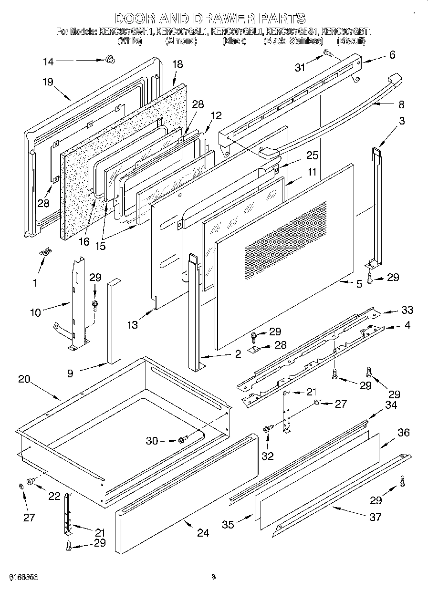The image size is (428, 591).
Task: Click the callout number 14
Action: pos(49,61)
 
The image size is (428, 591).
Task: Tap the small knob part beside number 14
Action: pos(111,60)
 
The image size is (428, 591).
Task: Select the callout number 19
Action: pos(47,82)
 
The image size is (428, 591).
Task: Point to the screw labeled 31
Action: pos(328,53)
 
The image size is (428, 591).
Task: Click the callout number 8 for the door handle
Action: pos(401,104)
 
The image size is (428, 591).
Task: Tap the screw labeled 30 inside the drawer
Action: pos(182,440)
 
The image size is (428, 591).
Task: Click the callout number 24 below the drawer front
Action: pos(203,532)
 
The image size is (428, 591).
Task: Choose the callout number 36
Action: pos(403,433)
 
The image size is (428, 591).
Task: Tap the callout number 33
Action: pos(407,310)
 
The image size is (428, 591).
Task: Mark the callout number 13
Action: pos(133,325)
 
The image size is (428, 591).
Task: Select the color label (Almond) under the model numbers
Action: pos(181,41)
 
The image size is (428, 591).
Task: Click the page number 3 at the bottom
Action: pos(213,577)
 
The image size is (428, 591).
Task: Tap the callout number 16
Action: pos(84,241)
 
